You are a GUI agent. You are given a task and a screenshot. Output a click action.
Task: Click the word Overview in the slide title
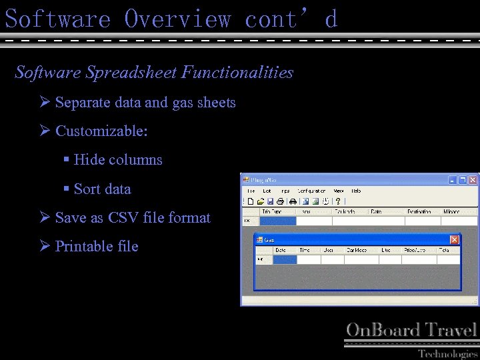pyautogui.click(x=177, y=19)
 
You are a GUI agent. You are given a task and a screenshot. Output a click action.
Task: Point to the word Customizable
pyautogui.click(x=101, y=131)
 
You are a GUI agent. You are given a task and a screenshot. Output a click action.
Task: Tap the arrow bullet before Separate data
pyautogui.click(x=45, y=103)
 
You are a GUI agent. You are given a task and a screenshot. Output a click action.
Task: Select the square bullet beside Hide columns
pyautogui.click(x=66, y=160)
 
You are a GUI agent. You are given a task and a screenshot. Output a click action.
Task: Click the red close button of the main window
pyautogui.click(x=473, y=180)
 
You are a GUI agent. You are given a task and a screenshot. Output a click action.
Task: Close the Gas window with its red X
pyautogui.click(x=454, y=239)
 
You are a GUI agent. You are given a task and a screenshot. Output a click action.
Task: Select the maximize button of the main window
pyautogui.click(x=462, y=180)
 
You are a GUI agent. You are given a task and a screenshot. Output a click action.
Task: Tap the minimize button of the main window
pyautogui.click(x=452, y=180)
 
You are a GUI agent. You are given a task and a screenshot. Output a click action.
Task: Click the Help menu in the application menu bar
pyautogui.click(x=356, y=191)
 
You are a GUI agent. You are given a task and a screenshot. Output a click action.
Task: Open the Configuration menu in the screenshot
pyautogui.click(x=311, y=191)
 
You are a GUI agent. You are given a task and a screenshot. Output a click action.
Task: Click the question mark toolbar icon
pyautogui.click(x=337, y=201)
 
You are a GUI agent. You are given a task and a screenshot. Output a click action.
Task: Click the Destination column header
pyautogui.click(x=420, y=211)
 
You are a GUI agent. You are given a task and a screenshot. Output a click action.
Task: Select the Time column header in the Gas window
pyautogui.click(x=305, y=250)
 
